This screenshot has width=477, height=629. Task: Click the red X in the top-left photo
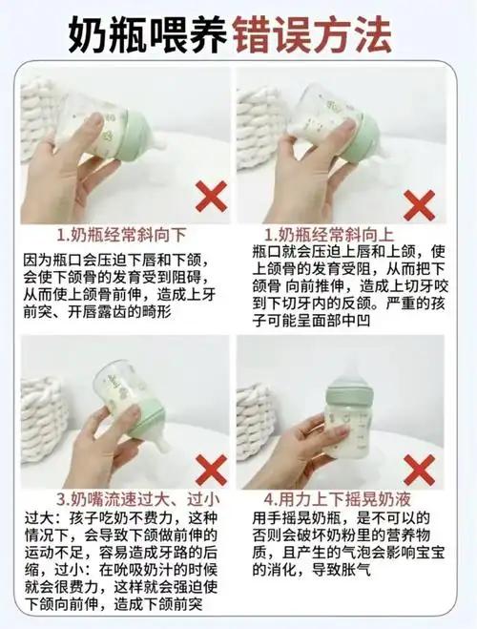coord(211,197)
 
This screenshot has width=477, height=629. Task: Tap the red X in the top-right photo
coord(419,205)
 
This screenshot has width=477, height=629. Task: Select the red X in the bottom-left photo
coord(211,470)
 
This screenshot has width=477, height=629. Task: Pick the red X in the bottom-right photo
coord(419,470)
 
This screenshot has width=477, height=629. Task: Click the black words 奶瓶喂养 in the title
coord(148,34)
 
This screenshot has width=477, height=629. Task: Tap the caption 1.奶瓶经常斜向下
coord(121,235)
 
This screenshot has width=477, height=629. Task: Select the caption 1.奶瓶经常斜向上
coord(329,235)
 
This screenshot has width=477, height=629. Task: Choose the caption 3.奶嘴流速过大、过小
coord(137,499)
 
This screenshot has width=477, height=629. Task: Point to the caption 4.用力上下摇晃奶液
coord(337,499)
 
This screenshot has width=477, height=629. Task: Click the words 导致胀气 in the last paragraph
coord(342,570)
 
